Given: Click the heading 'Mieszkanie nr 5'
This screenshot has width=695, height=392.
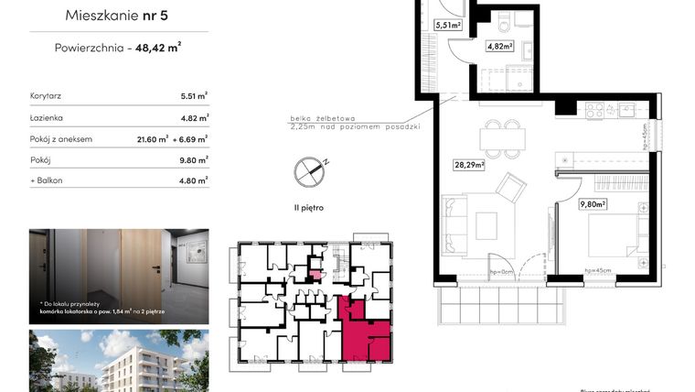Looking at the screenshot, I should [x=118, y=16].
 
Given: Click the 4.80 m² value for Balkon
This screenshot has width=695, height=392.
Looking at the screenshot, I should [x=194, y=180].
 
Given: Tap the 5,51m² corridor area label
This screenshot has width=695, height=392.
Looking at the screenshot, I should [x=447, y=26].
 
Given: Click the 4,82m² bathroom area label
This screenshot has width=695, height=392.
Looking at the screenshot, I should [x=498, y=46].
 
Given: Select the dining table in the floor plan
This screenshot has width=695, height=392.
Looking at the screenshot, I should [x=505, y=139].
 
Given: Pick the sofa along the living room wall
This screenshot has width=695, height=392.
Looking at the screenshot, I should [x=452, y=225].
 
